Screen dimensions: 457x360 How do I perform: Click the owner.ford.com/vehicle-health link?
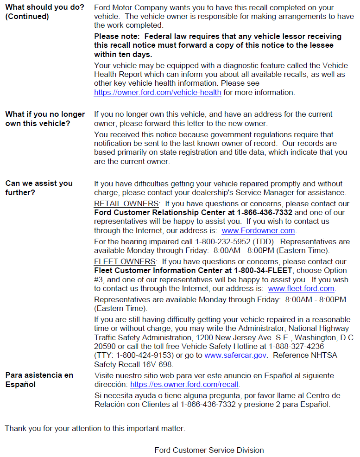158,93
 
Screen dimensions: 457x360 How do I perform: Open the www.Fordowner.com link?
258,231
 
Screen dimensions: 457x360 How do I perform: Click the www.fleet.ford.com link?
301,289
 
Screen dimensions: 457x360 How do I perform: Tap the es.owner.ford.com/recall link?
184,385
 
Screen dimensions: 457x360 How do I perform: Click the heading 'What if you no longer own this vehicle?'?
45,119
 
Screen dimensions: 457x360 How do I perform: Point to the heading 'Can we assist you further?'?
39,188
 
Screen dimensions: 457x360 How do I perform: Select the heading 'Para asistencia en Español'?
39,380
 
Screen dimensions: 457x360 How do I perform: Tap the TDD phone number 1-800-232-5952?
222,242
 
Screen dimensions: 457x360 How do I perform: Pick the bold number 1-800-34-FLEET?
263,271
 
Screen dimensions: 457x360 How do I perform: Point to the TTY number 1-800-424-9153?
145,355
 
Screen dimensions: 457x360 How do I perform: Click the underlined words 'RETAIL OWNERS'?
126,204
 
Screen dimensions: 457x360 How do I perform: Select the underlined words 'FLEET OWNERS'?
125,262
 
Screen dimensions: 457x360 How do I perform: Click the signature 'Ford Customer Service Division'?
209,450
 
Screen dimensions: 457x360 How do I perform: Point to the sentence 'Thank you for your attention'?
95,428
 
